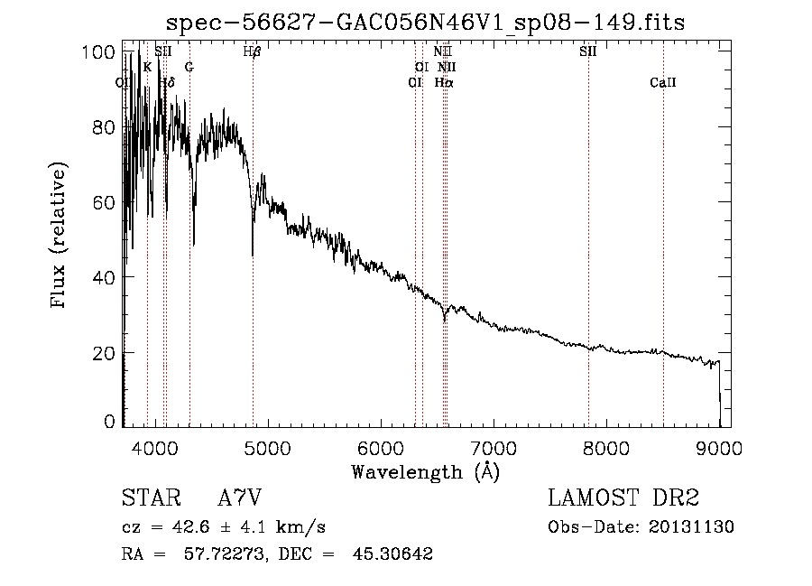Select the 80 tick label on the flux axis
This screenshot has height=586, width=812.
(106, 127)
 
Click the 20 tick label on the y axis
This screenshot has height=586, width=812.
(106, 353)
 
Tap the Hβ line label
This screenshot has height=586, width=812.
(253, 52)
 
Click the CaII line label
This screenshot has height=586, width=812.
(662, 83)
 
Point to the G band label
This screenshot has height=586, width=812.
(189, 68)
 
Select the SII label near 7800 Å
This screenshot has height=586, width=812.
(587, 52)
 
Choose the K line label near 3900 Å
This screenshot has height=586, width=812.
(147, 68)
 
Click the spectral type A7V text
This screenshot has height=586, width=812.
(240, 498)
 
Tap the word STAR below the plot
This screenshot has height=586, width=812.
(145, 498)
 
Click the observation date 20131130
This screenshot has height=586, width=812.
(694, 527)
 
